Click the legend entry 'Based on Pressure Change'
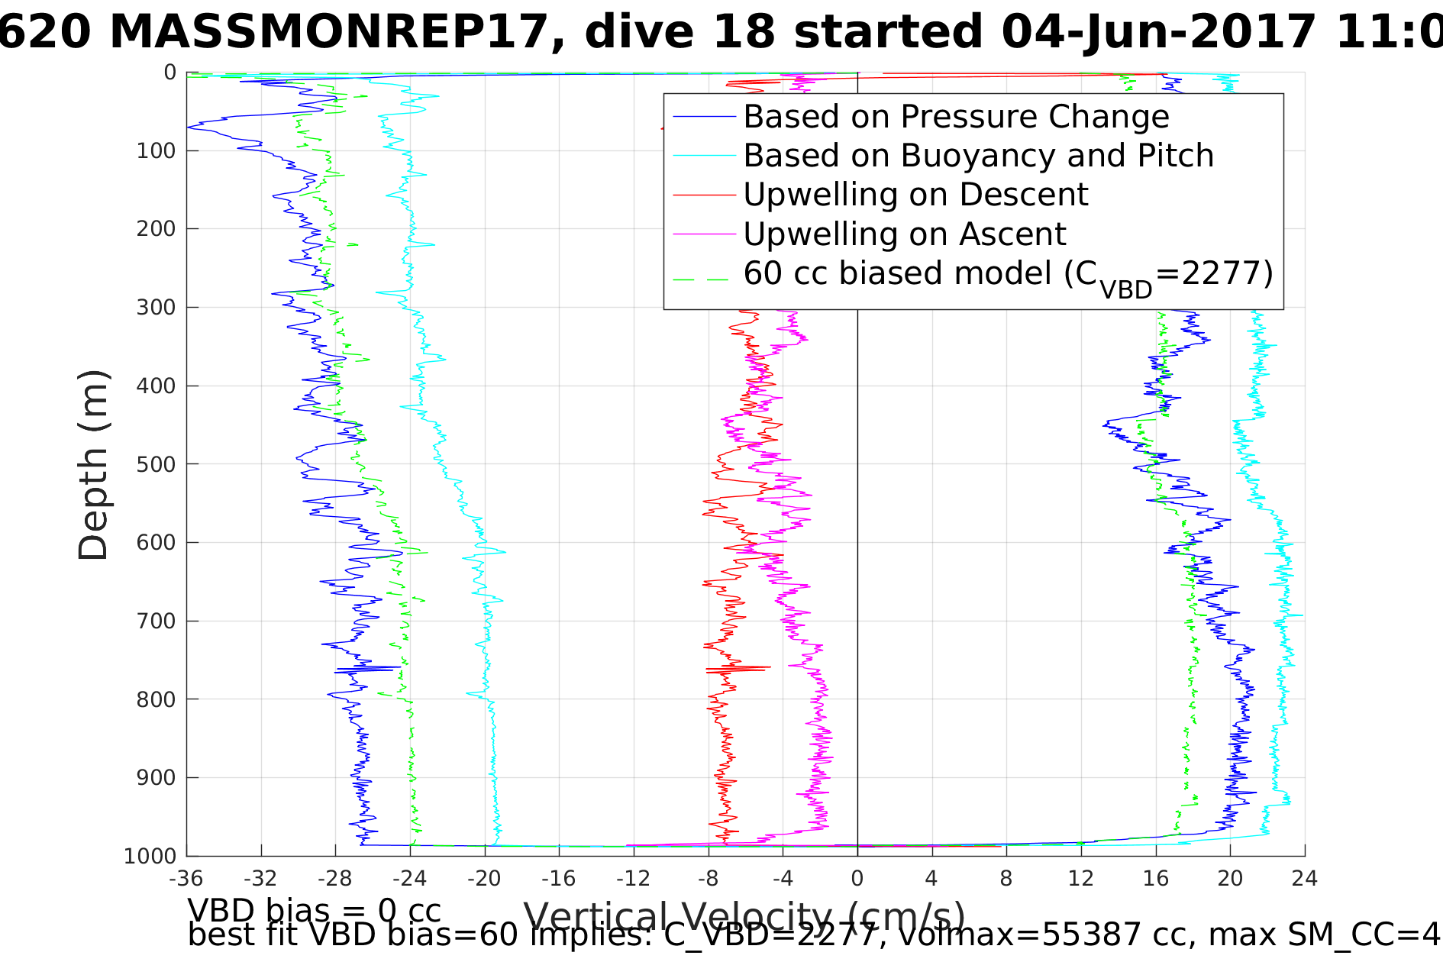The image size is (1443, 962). pos(956,117)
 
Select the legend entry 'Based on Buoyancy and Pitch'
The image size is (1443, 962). pos(978,156)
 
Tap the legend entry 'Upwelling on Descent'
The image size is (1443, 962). pos(915,195)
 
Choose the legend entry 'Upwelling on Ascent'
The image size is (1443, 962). pos(905,234)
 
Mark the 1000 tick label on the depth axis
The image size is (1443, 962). pos(150,856)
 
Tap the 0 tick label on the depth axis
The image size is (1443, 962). pos(169,73)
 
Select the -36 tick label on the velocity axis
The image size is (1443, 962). pos(186,879)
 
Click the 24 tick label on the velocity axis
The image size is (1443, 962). pos(1305,879)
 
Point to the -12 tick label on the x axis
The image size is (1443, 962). pos(633,879)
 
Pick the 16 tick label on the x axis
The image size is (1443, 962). pos(1155,879)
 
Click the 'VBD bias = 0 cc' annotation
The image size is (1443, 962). pos(314,911)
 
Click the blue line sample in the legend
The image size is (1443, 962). pos(704,117)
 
